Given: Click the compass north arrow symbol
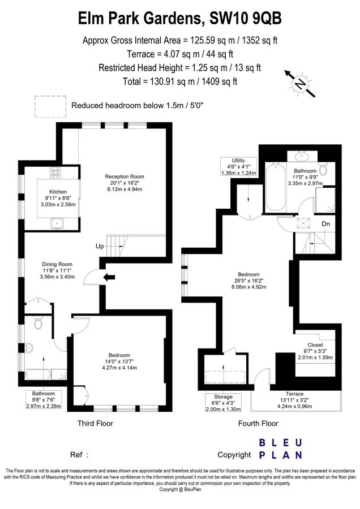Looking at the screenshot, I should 298,84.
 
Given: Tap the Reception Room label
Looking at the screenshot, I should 125,176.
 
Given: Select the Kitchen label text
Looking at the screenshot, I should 58,192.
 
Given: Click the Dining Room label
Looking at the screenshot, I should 58,264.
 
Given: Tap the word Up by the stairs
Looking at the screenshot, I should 100,247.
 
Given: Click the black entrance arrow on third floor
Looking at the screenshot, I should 110,277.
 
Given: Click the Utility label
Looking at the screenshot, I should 238,160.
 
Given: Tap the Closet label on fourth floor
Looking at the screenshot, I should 315,345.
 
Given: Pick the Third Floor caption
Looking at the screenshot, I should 95,423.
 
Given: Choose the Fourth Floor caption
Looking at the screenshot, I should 258,423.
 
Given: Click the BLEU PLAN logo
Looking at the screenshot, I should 281,448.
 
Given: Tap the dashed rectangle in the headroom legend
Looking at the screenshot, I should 49,105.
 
